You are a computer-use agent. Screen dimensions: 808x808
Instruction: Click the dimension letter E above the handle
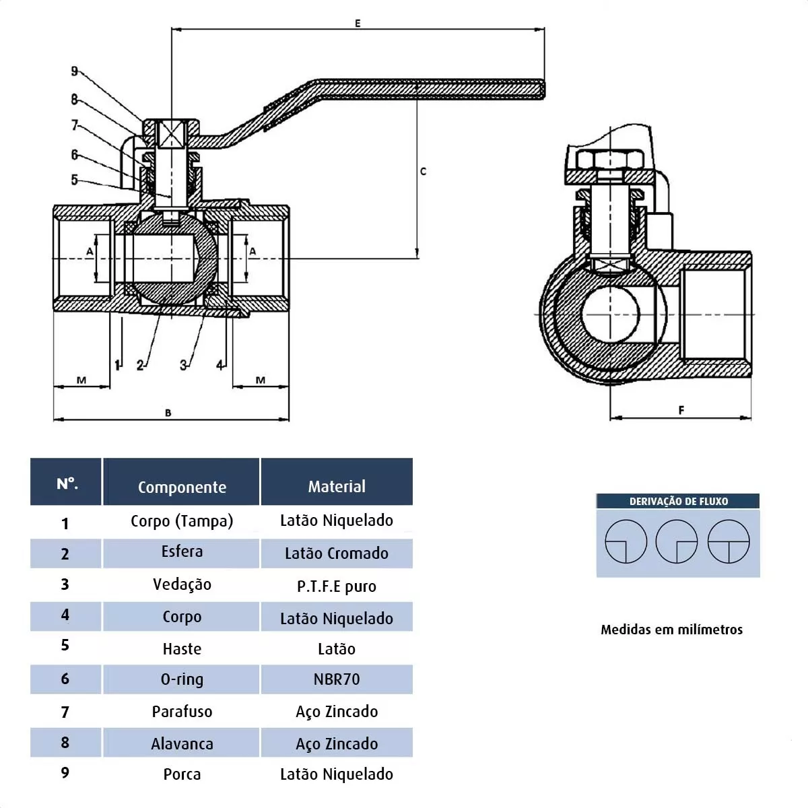click(358, 24)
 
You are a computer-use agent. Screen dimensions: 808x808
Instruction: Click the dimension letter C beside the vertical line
click(423, 172)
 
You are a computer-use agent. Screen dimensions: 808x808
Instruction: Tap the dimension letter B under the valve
click(168, 413)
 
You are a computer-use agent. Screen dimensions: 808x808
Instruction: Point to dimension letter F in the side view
click(681, 410)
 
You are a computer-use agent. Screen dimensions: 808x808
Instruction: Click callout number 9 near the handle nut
click(75, 71)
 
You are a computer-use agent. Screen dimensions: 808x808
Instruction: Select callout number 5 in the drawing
click(75, 180)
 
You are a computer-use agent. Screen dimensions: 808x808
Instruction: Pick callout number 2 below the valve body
click(140, 365)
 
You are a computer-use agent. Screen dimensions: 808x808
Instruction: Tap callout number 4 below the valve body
click(220, 365)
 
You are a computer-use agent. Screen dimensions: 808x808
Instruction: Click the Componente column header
click(182, 487)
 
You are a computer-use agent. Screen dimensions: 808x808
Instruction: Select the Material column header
click(337, 486)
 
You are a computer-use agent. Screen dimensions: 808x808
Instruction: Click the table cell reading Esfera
click(182, 551)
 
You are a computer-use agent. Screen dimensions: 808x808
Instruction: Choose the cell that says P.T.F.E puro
click(337, 586)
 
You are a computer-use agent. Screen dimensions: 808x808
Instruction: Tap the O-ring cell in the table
click(182, 679)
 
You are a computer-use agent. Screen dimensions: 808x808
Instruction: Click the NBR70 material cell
click(337, 679)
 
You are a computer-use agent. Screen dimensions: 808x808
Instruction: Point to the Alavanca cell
click(182, 743)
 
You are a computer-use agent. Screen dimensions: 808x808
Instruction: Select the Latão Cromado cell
click(337, 553)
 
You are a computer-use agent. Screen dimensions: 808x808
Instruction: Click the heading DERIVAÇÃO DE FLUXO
click(678, 501)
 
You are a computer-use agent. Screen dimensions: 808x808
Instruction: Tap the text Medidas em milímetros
click(671, 630)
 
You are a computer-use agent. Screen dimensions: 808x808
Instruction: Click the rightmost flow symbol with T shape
click(729, 541)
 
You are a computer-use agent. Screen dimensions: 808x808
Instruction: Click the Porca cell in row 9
click(182, 774)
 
